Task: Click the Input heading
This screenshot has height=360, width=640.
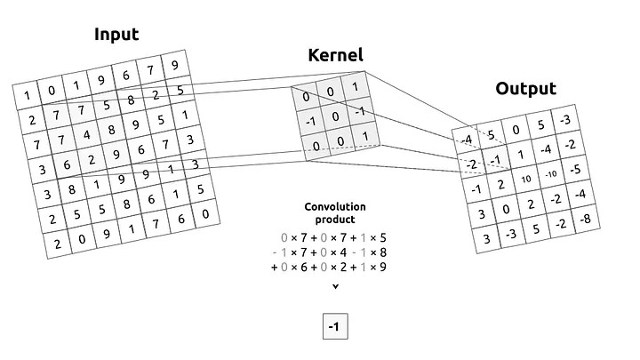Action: coord(116,35)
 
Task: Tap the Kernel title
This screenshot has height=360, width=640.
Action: coord(335,56)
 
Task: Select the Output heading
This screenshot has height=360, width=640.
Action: coord(525,88)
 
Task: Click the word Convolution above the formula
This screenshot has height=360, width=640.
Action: coord(335,207)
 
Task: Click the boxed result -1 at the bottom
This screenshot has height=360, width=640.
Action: coord(334,327)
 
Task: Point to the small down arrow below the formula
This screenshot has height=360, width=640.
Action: coord(335,286)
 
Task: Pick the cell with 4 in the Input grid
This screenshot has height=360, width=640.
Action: coord(86,135)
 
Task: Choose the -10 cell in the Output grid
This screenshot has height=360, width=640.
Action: coord(550,172)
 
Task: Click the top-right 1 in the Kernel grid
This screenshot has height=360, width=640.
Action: coord(356,87)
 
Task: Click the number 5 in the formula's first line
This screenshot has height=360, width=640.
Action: coord(384,237)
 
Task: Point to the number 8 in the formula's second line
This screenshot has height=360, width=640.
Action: coord(384,252)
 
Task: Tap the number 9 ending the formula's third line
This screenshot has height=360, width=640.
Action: coord(384,266)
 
